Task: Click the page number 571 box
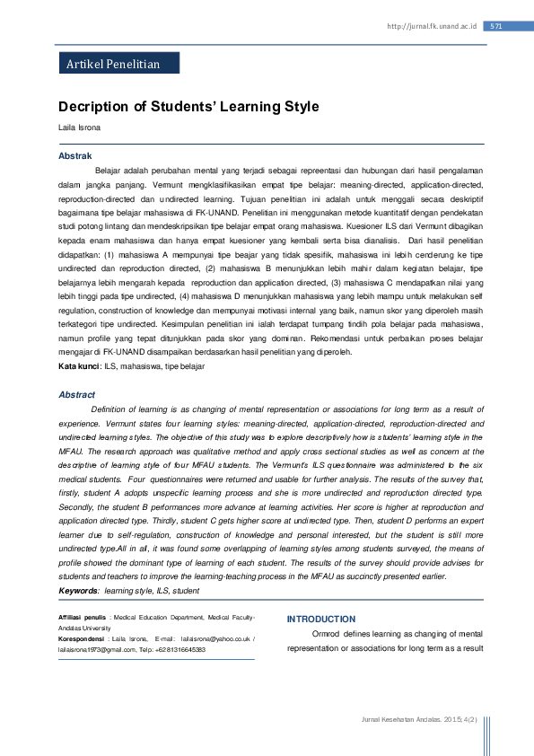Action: coord(496,26)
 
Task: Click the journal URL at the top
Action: coord(432,27)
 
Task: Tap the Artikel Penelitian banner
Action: coord(114,64)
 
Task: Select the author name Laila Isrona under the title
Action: coord(80,127)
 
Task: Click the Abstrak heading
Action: coord(75,156)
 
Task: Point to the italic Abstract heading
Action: coord(76,394)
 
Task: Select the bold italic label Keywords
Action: coord(78,591)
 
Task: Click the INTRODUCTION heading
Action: coord(320,620)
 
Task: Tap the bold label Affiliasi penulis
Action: coord(83,619)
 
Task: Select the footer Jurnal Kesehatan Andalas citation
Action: coord(418,719)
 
